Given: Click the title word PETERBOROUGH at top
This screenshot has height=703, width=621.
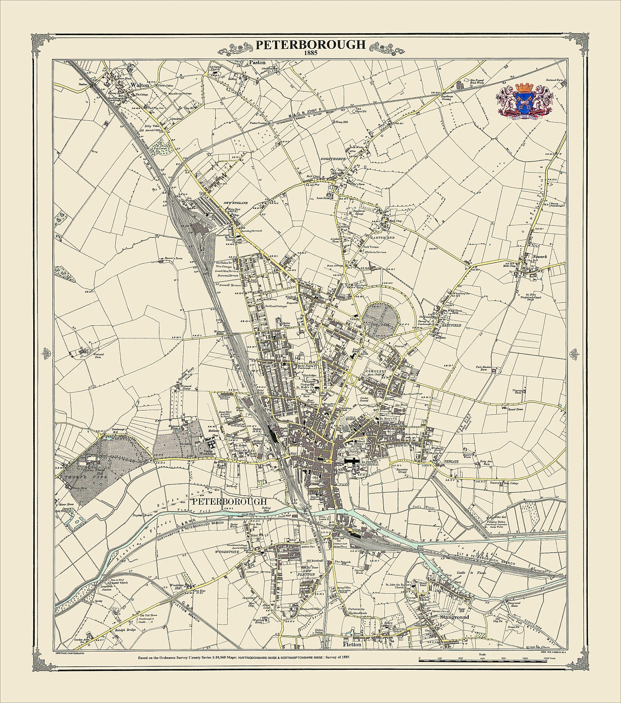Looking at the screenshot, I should point(310,45).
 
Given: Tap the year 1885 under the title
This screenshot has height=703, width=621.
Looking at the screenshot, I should point(310,53).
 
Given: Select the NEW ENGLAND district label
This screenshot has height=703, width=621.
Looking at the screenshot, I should point(236,204).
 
